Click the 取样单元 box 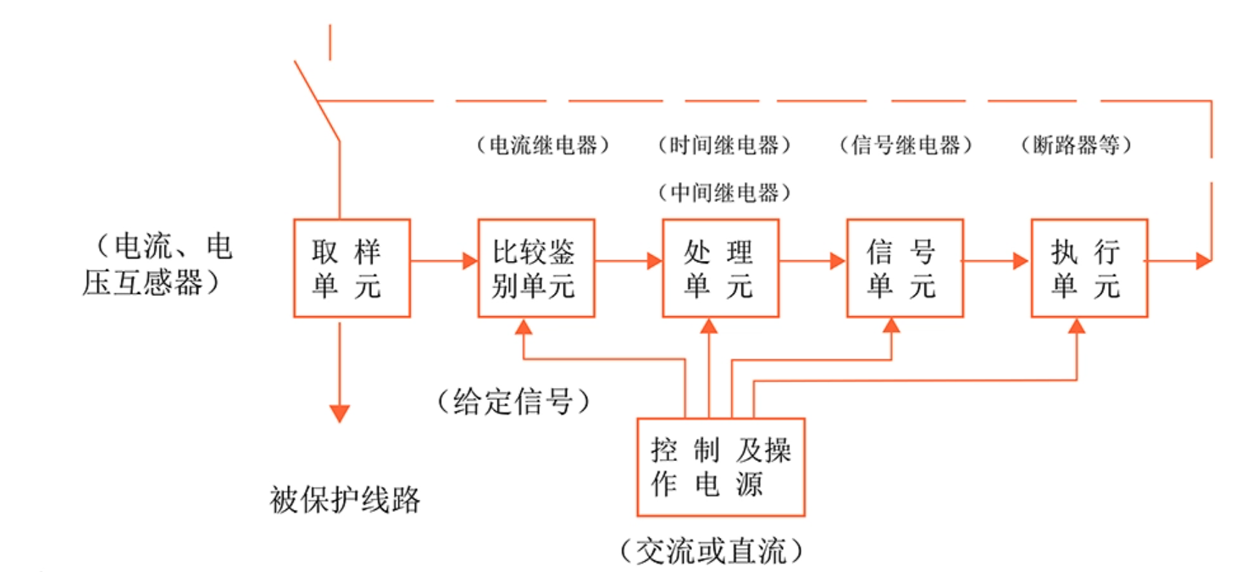pos(352,269)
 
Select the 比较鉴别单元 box pos(535,269)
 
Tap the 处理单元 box pos(720,269)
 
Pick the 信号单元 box pos(904,269)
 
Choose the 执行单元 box pos(1089,269)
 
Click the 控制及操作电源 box pos(720,467)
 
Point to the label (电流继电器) pos(543,146)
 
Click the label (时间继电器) pos(724,146)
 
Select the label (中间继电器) pos(724,193)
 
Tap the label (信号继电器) pos(906,146)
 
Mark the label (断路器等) pos(1077,146)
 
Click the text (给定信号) pos(514,400)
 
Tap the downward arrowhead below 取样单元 pos(340,414)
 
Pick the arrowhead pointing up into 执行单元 pos(1077,326)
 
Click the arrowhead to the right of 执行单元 pos(1203,261)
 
